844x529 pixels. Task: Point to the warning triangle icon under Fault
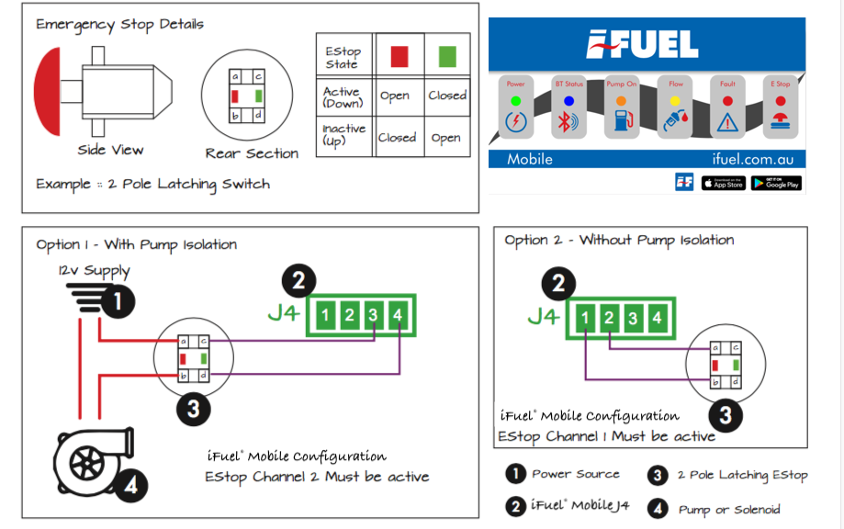727,121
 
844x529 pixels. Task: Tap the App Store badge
724,183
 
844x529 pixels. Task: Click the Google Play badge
776,183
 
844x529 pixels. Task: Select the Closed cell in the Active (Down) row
447,96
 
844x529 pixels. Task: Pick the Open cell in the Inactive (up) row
447,138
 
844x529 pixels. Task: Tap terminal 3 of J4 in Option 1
372,315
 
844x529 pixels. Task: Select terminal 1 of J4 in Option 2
586,319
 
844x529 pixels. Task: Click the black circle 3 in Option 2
726,415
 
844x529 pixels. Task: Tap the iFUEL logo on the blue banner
644,44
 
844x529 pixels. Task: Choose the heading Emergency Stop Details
119,24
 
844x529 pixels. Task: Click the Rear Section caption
252,153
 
